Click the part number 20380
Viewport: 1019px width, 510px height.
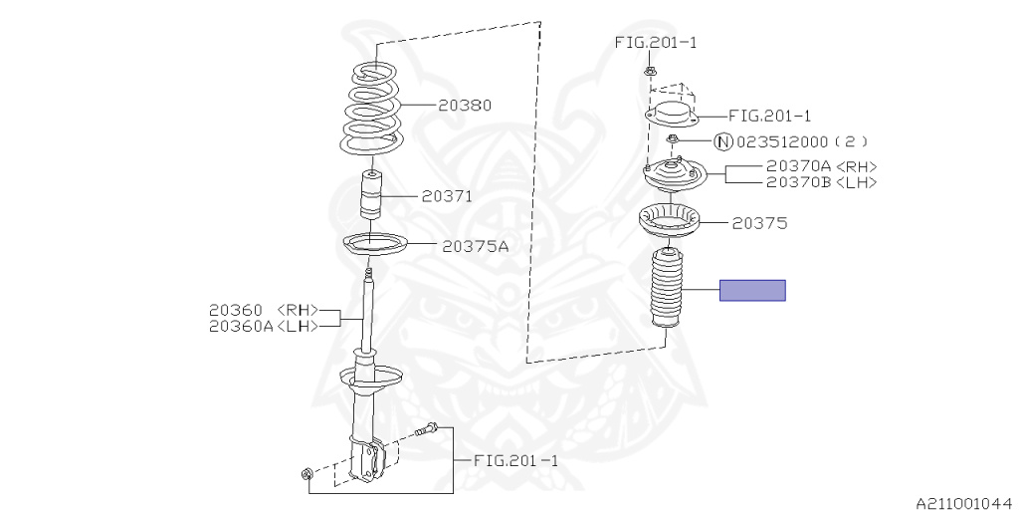tap(464, 105)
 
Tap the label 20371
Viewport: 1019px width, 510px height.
tap(446, 197)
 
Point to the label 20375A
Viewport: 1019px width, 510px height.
tap(476, 246)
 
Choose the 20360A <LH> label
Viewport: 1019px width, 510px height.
tap(263, 326)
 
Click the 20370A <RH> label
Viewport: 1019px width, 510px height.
tap(822, 166)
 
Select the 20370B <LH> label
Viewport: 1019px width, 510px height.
tap(822, 182)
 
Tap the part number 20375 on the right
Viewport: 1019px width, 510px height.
tap(759, 223)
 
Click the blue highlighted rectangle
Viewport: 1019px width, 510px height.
tap(753, 291)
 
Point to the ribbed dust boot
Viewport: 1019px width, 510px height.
tap(666, 292)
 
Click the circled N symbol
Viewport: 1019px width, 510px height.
tap(723, 141)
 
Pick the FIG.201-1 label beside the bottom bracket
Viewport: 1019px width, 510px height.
tap(515, 460)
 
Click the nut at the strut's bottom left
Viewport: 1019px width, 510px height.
tap(305, 472)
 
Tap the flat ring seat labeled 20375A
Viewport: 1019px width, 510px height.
tap(373, 244)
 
